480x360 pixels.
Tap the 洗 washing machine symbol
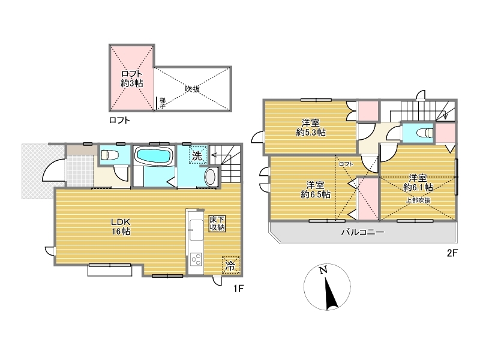(197, 155)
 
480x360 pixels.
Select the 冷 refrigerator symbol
(230, 265)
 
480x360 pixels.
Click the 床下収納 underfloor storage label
(217, 223)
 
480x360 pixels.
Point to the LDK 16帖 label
(121, 227)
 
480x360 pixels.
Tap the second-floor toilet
(426, 133)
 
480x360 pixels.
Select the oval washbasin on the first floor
(210, 177)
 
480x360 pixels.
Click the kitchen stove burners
(196, 260)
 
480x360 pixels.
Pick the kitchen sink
(196, 230)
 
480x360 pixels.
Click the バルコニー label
(363, 232)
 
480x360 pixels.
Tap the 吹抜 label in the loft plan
(192, 89)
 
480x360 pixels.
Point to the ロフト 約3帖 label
(131, 79)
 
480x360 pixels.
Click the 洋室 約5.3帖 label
(311, 128)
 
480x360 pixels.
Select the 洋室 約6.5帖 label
(316, 190)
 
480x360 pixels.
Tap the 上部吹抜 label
(418, 200)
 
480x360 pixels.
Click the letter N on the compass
(323, 270)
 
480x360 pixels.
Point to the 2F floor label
(452, 253)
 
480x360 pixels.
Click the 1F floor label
(238, 289)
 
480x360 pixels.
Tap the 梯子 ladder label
(163, 103)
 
